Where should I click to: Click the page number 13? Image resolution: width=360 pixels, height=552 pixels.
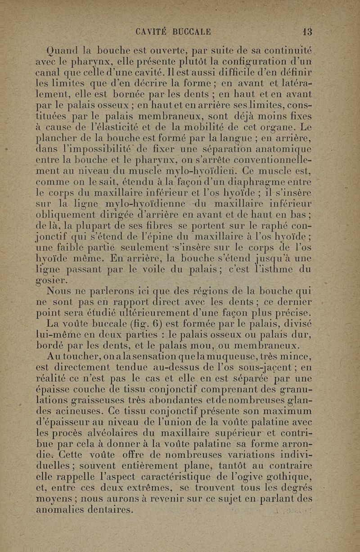click(x=307, y=32)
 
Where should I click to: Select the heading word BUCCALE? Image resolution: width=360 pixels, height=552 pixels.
click(x=194, y=32)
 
